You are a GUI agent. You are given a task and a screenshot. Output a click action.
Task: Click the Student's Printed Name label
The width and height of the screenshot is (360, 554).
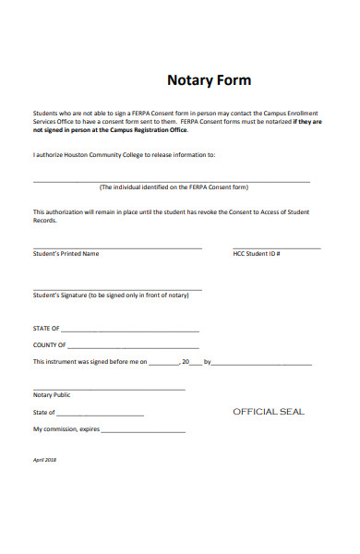[x=66, y=253]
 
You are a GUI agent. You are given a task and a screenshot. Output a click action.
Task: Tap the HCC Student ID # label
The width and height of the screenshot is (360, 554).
[x=257, y=253]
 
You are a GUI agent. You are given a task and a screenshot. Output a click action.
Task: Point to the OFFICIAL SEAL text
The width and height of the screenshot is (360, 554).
[x=268, y=412]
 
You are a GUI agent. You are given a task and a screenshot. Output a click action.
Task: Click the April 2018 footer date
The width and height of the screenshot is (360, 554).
[x=44, y=459]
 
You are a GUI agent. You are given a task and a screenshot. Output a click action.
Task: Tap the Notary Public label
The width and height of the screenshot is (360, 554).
[x=52, y=394]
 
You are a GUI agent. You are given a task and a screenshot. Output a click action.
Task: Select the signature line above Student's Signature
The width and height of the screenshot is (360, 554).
[x=117, y=290]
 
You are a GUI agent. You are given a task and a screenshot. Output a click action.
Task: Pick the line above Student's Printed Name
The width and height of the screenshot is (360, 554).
[x=117, y=248]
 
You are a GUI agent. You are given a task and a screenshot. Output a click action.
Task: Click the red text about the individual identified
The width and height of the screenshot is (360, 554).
[x=174, y=187]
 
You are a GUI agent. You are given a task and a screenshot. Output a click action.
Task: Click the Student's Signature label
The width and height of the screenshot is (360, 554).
[x=111, y=295]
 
